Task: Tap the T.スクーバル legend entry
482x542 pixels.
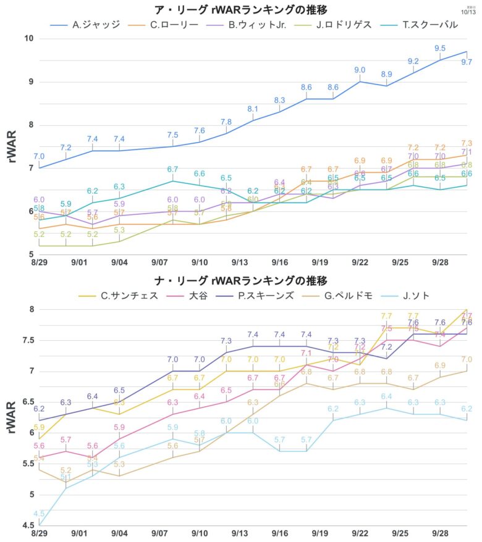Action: pyautogui.click(x=427, y=25)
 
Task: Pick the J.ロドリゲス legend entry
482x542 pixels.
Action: pyautogui.click(x=343, y=25)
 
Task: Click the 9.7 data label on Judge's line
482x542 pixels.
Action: pyautogui.click(x=467, y=62)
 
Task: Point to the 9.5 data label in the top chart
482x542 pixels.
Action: pyautogui.click(x=440, y=48)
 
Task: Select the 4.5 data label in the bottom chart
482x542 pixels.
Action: pyautogui.click(x=39, y=514)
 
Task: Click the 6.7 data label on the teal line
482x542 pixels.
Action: pyautogui.click(x=172, y=169)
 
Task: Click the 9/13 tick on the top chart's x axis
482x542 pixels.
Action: pyautogui.click(x=240, y=262)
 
